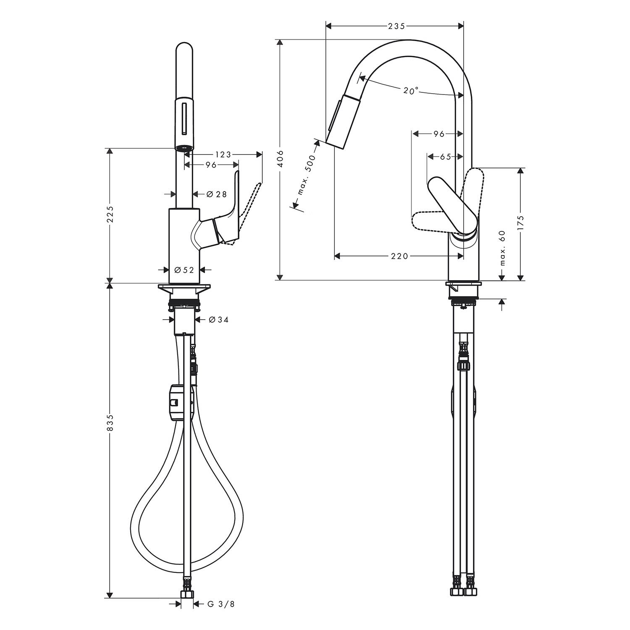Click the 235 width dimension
396,26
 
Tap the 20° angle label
411,90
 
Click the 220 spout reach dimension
399,255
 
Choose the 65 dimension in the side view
445,157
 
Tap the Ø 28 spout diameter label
217,194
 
